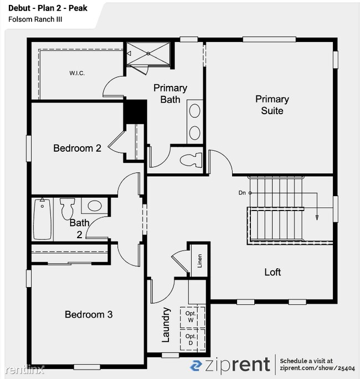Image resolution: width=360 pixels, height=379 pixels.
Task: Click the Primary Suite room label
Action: coord(272,105)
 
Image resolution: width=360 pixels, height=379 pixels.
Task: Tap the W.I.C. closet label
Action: coord(77,73)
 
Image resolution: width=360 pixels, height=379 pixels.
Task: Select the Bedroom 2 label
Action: coord(77,148)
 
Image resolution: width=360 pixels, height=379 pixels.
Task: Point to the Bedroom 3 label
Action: coord(89,314)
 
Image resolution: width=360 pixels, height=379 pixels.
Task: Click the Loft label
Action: coord(272,272)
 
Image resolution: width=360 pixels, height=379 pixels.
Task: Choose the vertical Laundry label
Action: coord(165,325)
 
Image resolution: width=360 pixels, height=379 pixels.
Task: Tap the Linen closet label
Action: coord(199,261)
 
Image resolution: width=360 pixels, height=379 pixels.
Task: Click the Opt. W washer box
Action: coord(191,317)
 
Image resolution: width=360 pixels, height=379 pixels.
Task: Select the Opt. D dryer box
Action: coord(191,339)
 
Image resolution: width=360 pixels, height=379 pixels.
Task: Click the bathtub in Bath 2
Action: coord(42,220)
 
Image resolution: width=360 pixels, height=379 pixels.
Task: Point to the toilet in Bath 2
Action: coord(68,208)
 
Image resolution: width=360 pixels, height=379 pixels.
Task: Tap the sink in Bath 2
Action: coord(95,206)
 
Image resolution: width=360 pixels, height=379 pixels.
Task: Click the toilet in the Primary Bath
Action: coord(189,159)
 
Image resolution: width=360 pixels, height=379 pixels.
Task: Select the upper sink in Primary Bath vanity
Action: coord(195,111)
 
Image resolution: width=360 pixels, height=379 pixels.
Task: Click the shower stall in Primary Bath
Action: coord(147,54)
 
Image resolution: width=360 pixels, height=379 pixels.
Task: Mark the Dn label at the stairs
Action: coord(242,193)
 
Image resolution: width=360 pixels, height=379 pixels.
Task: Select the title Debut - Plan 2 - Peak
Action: coord(48,8)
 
